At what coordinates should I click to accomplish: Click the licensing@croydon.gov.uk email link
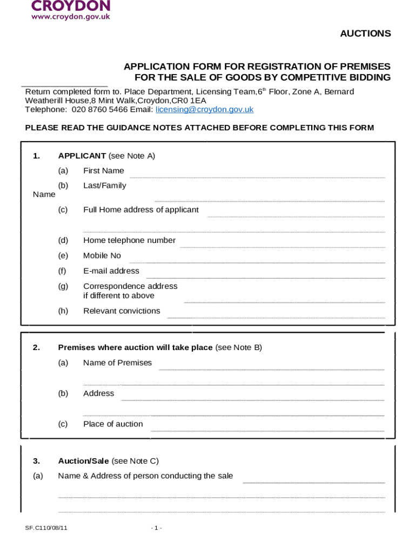pyautogui.click(x=204, y=109)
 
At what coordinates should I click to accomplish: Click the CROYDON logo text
pyautogui.click(x=71, y=6)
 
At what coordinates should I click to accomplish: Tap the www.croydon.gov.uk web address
pyautogui.click(x=71, y=17)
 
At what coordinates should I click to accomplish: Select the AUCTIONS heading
pyautogui.click(x=365, y=34)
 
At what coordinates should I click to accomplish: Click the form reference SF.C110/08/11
pyautogui.click(x=46, y=527)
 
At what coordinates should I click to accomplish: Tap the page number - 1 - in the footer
pyautogui.click(x=156, y=527)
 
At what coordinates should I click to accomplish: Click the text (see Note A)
pyautogui.click(x=131, y=156)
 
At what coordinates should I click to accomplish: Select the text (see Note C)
pyautogui.click(x=135, y=461)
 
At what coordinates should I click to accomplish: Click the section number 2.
pyautogui.click(x=36, y=347)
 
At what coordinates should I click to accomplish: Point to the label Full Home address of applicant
pyautogui.click(x=141, y=209)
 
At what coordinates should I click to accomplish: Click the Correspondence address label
pyautogui.click(x=130, y=286)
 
